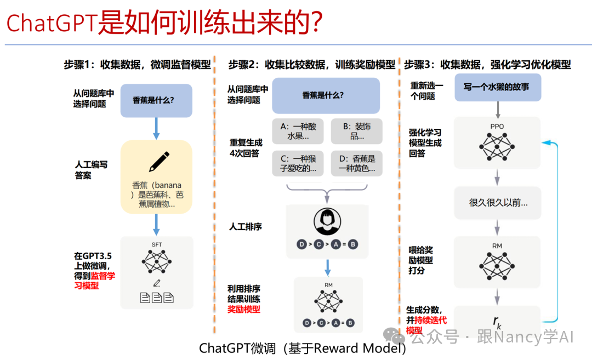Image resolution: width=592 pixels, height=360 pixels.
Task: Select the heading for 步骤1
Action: (x=138, y=65)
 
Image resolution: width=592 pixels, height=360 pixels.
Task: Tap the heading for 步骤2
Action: (x=312, y=65)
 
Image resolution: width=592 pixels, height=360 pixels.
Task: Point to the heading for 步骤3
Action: (x=487, y=65)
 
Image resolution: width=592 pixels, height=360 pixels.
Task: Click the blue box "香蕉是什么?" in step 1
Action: (x=156, y=100)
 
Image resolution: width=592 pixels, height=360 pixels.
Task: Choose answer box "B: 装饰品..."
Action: (x=356, y=132)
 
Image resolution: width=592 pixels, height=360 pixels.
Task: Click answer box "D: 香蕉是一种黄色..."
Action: (x=356, y=163)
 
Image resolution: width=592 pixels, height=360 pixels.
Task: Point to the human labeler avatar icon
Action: (x=327, y=222)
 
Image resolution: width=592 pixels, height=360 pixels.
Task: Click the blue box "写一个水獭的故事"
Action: (x=497, y=88)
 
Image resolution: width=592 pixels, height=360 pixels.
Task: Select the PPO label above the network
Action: (x=497, y=127)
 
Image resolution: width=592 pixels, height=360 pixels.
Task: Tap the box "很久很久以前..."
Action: (x=497, y=203)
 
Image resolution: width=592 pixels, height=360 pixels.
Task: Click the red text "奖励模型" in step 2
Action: (x=244, y=310)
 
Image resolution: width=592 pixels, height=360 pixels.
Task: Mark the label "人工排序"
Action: (x=245, y=226)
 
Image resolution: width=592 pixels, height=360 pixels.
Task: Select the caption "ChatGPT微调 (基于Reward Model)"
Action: (x=302, y=348)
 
